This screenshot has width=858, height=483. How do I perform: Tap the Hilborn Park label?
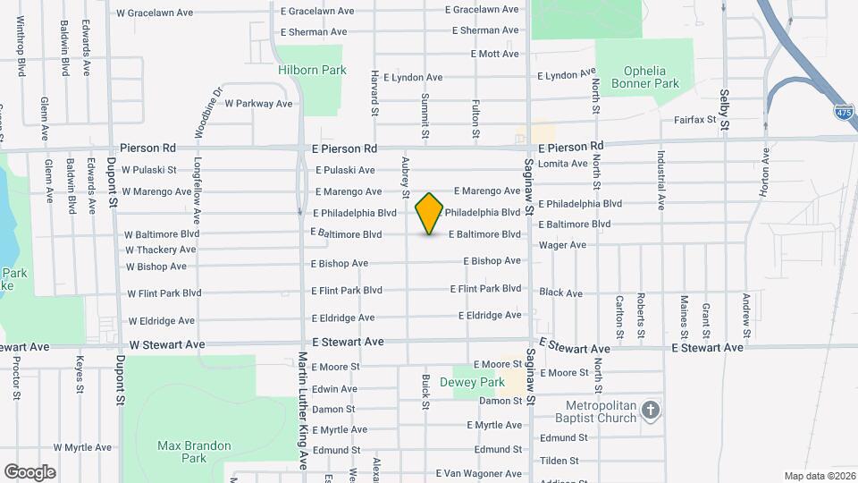tap(299, 69)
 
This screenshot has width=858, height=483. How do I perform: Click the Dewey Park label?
tap(479, 382)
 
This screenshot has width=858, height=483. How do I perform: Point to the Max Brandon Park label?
tap(194, 452)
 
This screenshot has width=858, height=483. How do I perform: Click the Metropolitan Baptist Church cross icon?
tap(652, 411)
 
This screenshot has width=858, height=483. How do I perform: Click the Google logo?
tap(29, 471)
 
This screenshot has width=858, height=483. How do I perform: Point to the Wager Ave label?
tap(562, 244)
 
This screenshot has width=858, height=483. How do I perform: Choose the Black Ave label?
tap(560, 292)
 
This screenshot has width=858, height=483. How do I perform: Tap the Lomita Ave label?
tap(563, 164)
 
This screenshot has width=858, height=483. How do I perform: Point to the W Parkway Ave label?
tap(258, 104)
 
